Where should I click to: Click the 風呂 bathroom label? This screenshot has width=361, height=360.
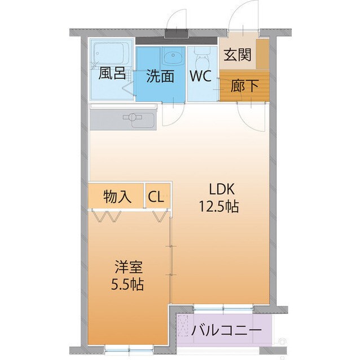pyautogui.click(x=112, y=74)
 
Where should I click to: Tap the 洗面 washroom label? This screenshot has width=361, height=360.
pyautogui.click(x=160, y=77)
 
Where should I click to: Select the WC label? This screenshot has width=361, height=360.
pyautogui.click(x=200, y=77)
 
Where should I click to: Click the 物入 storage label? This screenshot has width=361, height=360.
pyautogui.click(x=117, y=197)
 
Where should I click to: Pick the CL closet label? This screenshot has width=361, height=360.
pyautogui.click(x=156, y=197)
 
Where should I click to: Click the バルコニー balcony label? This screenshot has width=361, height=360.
pyautogui.click(x=226, y=330)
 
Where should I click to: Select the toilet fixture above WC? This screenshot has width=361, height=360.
pyautogui.click(x=201, y=56)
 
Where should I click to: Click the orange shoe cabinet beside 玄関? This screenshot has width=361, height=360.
pyautogui.click(x=262, y=54)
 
